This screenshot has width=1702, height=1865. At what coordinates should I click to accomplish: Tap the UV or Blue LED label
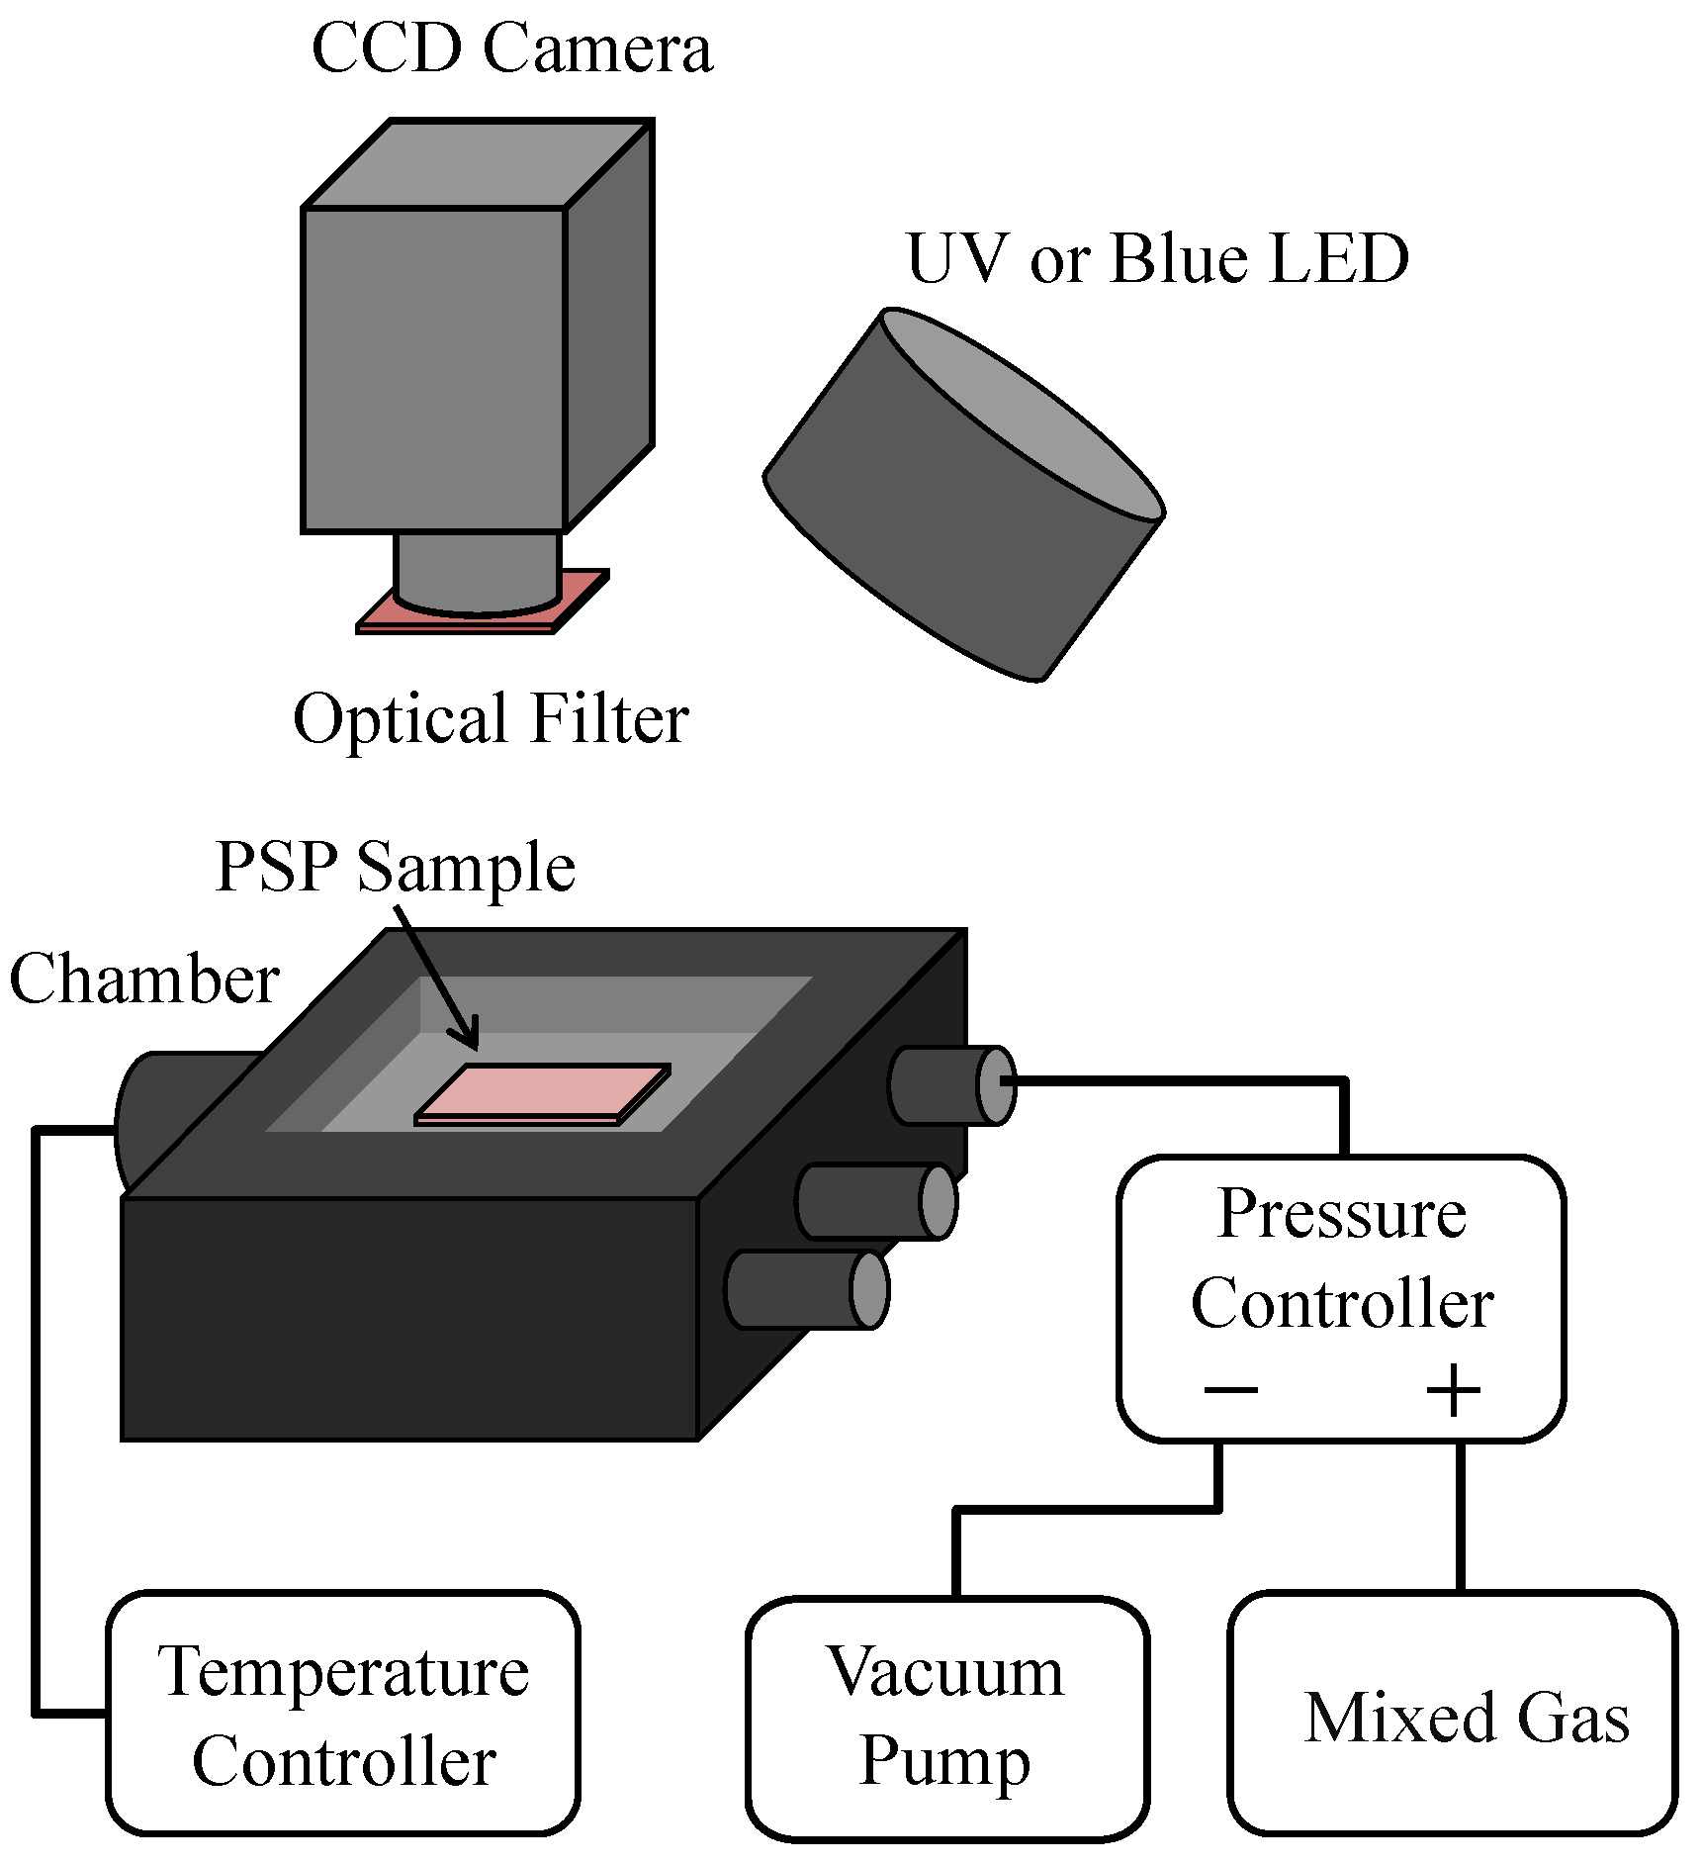click(1156, 258)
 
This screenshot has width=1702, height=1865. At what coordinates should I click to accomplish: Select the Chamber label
click(144, 979)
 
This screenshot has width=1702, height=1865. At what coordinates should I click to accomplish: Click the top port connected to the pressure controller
click(949, 1084)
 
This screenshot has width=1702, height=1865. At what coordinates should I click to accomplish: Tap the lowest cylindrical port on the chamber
click(806, 1289)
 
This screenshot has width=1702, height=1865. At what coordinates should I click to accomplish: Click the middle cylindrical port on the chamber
click(875, 1201)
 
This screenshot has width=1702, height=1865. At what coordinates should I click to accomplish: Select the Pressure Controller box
click(1341, 1296)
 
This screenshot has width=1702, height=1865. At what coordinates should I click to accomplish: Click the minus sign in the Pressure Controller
click(1230, 1390)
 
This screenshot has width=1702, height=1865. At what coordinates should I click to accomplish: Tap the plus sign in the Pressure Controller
click(1453, 1390)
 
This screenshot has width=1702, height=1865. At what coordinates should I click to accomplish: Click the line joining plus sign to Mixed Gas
click(1461, 1514)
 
